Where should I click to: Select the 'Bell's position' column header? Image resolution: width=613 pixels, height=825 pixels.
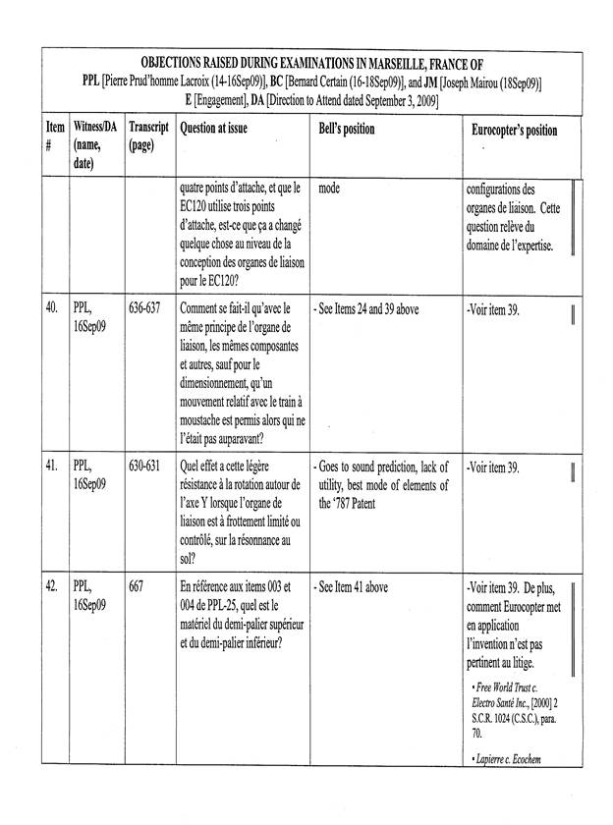(x=347, y=130)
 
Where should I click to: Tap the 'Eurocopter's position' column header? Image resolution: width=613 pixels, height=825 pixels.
(x=514, y=131)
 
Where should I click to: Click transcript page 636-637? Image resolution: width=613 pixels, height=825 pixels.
(x=148, y=307)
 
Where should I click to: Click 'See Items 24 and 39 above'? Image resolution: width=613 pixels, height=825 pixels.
(x=367, y=307)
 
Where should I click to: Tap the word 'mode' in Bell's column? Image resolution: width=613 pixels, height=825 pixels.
(x=335, y=188)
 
